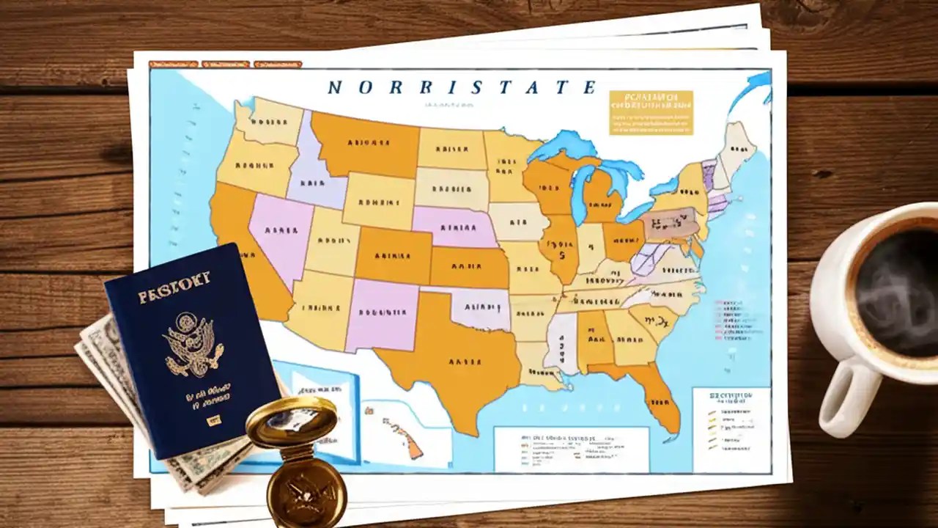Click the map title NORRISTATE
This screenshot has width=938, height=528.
tap(461, 87)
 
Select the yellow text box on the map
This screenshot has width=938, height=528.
tap(650, 112)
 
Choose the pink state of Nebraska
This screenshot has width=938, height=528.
tap(450, 224)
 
